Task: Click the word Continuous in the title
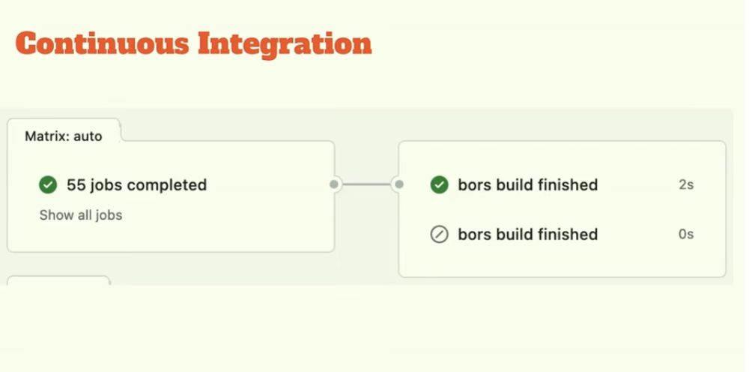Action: [103, 43]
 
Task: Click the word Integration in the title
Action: [285, 43]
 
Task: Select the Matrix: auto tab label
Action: [64, 136]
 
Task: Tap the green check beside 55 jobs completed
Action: [48, 184]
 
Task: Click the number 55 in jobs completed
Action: [75, 184]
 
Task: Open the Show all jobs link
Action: [81, 215]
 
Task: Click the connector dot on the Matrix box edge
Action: [334, 184]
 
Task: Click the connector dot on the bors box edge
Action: [399, 184]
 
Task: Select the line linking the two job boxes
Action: [367, 184]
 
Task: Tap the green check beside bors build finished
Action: [439, 184]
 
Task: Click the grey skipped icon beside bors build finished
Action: [439, 235]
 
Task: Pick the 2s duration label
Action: [686, 184]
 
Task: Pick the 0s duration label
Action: [686, 235]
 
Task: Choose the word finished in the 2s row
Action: [567, 184]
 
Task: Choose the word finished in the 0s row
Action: [567, 235]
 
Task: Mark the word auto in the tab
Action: [88, 136]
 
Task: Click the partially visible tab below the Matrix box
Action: [58, 280]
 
